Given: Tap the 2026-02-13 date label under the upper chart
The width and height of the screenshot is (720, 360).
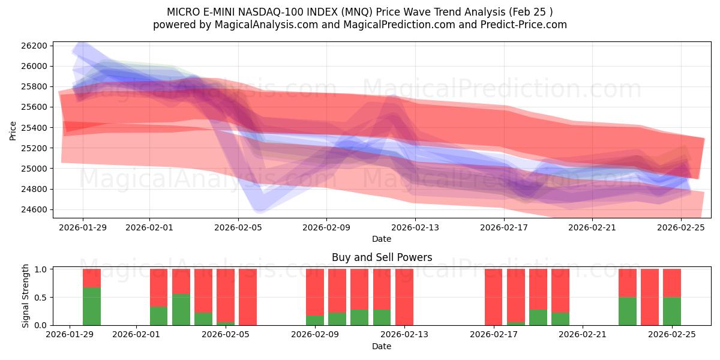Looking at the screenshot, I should pyautogui.click(x=415, y=227).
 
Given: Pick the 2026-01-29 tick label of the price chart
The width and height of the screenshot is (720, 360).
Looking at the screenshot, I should pyautogui.click(x=83, y=227).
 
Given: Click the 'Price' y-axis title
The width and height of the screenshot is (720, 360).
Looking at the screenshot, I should pyautogui.click(x=13, y=130).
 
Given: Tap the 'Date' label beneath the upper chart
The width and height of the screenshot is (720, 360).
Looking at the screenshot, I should pyautogui.click(x=382, y=239).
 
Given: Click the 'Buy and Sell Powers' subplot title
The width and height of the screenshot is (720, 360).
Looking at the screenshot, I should pyautogui.click(x=382, y=257).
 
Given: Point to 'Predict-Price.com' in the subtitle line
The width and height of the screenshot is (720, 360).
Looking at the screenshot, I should pyautogui.click(x=520, y=25).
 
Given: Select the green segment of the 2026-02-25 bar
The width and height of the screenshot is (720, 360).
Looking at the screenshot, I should pyautogui.click(x=672, y=311).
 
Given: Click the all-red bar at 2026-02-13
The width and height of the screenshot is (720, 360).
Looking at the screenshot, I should pyautogui.click(x=404, y=297).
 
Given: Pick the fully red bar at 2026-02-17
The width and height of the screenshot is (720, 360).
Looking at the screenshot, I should pyautogui.click(x=494, y=297).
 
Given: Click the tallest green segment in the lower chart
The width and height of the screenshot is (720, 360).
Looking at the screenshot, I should pyautogui.click(x=92, y=306).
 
